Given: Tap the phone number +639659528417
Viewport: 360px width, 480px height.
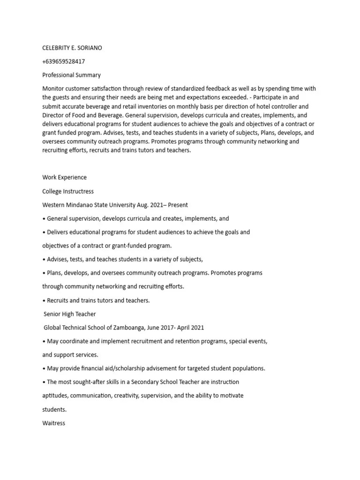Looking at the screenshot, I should pyautogui.click(x=64, y=61).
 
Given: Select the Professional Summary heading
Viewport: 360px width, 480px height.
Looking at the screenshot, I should pyautogui.click(x=71, y=75).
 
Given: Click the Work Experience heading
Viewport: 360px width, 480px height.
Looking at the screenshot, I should pyautogui.click(x=64, y=178).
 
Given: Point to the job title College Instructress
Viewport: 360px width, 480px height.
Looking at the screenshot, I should pyautogui.click(x=68, y=191).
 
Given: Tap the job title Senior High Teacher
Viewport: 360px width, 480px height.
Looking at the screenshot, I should pyautogui.click(x=70, y=314).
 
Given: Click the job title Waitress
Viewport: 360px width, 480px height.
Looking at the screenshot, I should pyautogui.click(x=54, y=423).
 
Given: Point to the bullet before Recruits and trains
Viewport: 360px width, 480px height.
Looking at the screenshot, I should pyautogui.click(x=44, y=300).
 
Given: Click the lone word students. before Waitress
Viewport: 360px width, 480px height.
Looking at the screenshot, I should pyautogui.click(x=54, y=410).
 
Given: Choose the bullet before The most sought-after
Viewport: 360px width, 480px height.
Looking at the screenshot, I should pyautogui.click(x=44, y=382).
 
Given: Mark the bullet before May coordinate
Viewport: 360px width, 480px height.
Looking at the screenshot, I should pyautogui.click(x=44, y=341).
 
